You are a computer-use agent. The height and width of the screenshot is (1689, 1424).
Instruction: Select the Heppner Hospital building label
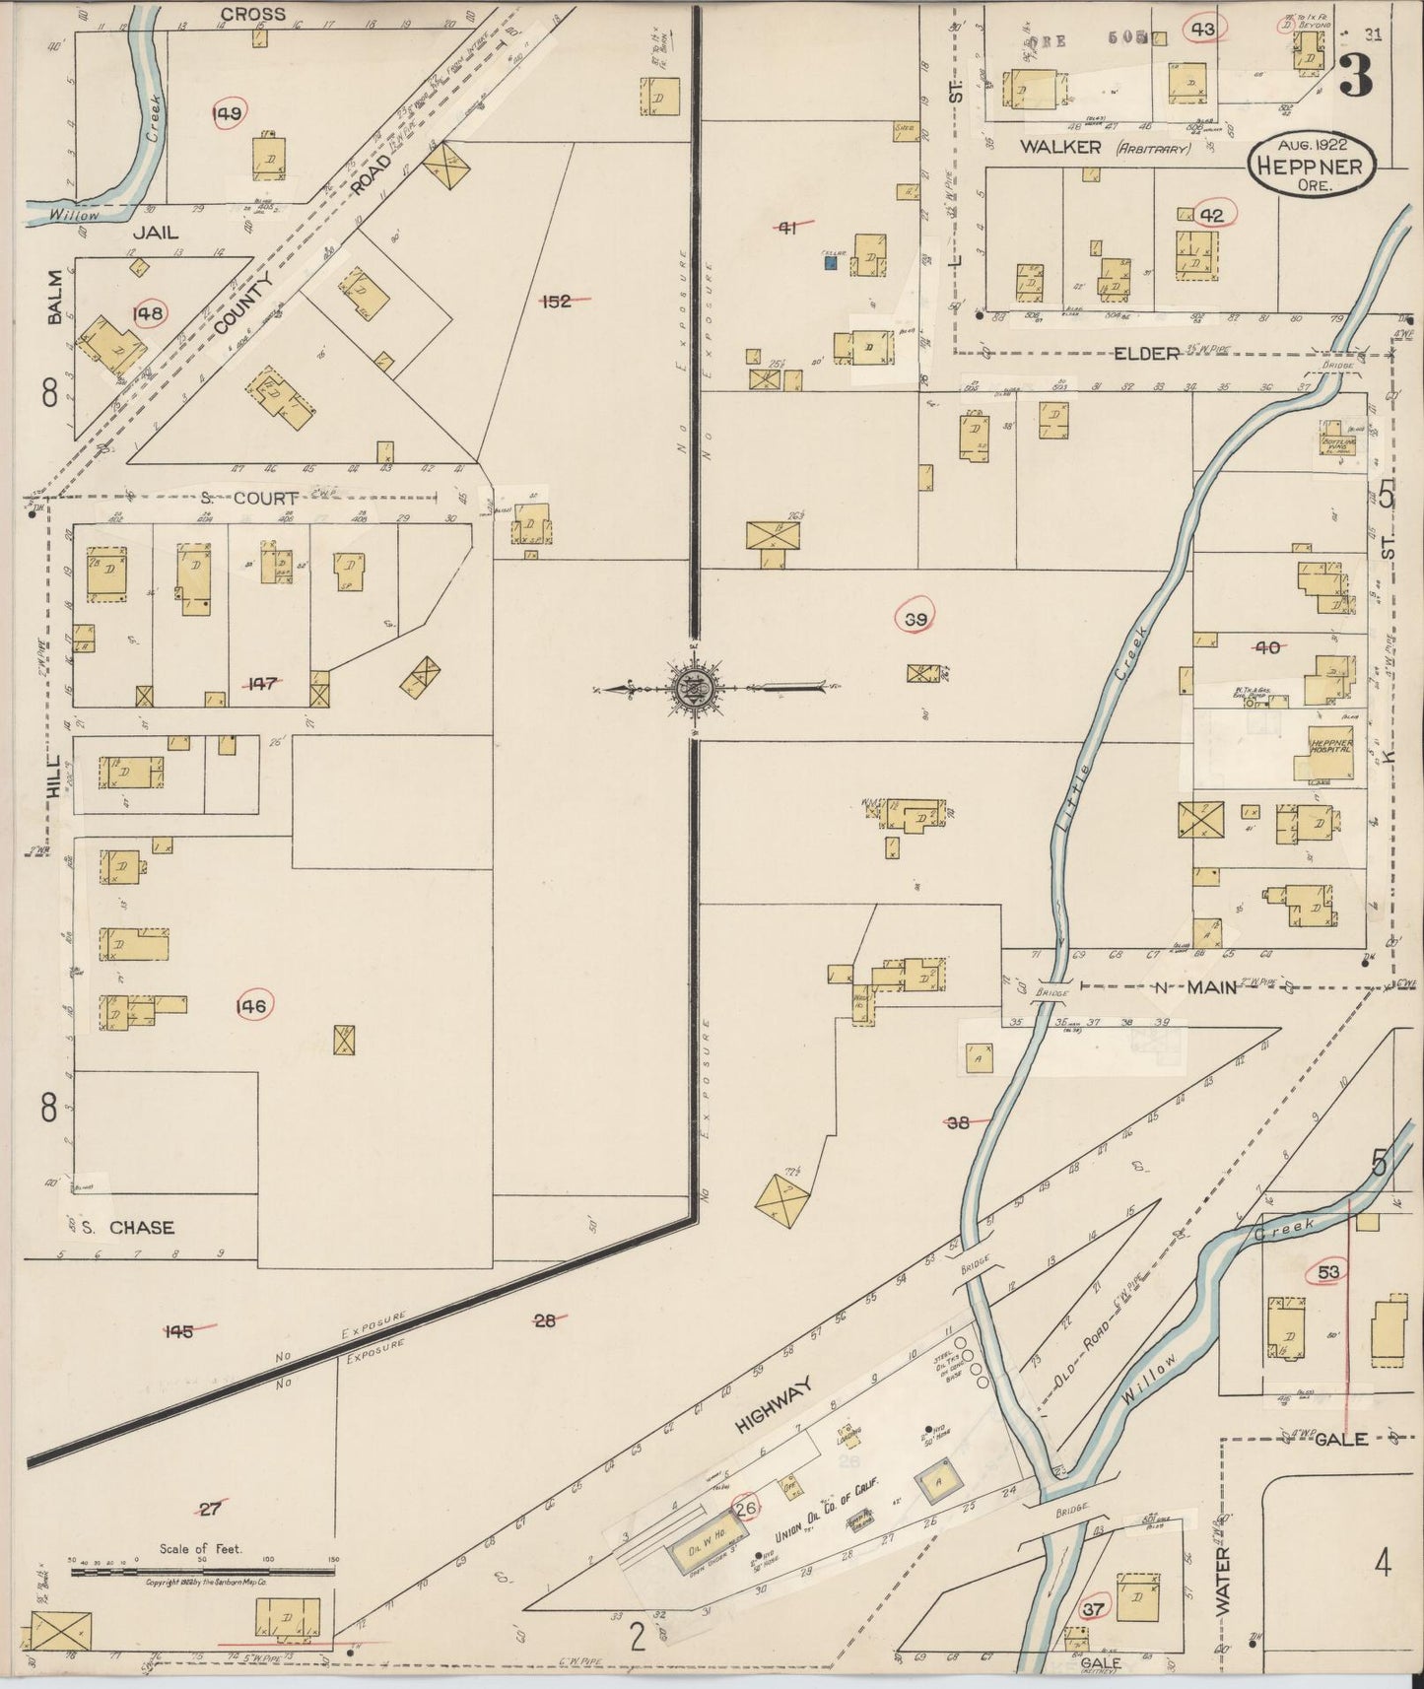1329,745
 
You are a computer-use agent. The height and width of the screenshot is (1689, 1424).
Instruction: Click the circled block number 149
228,114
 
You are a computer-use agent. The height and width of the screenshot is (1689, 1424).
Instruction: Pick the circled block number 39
915,618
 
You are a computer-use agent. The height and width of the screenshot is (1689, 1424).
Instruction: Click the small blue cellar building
830,262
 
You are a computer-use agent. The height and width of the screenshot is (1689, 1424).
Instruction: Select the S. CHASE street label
128,1227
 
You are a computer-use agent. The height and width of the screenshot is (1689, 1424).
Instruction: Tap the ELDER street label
1146,352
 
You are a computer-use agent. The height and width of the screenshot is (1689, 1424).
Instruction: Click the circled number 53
1327,1272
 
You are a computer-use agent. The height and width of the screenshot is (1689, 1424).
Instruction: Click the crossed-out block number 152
558,301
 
